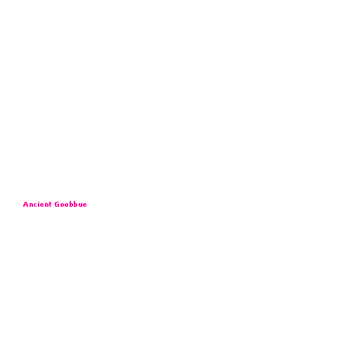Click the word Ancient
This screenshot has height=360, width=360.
click(37, 205)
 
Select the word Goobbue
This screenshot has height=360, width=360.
click(71, 205)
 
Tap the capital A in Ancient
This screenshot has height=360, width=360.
click(25, 205)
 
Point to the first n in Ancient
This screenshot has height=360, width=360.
click(32, 205)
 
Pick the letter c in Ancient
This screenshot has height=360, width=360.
click(36, 205)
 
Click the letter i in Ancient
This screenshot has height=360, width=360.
click(39, 205)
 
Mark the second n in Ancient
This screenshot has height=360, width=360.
click(47, 205)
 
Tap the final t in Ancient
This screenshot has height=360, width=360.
click(51, 205)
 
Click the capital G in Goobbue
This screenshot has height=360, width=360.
click(57, 205)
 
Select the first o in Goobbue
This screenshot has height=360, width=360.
click(62, 205)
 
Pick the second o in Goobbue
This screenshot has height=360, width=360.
click(67, 205)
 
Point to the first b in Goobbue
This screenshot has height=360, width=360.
click(72, 205)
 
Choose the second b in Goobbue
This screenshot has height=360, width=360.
click(76, 205)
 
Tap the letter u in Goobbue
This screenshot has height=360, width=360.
click(81, 205)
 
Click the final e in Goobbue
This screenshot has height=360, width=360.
click(85, 205)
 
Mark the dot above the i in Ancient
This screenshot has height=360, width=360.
click(39, 202)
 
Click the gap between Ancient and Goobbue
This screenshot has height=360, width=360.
click(53, 205)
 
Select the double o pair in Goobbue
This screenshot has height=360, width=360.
click(65, 205)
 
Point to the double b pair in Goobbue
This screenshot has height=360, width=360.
click(74, 205)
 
